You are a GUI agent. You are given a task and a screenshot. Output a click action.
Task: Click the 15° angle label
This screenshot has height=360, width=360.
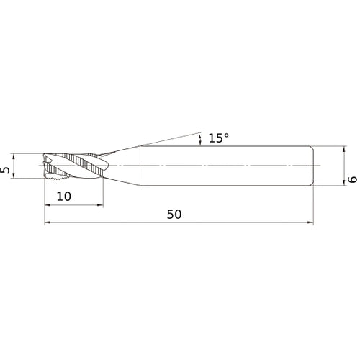coord(219,138)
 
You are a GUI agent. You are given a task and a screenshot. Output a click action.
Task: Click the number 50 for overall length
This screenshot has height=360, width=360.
coord(174,215)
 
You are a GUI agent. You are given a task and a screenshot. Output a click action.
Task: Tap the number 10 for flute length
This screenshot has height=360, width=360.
coord(64,197)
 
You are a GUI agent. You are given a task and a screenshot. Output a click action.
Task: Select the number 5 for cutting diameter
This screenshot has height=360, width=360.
coord(5,170)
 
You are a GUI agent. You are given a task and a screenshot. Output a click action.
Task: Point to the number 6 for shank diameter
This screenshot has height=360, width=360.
coord(353,179)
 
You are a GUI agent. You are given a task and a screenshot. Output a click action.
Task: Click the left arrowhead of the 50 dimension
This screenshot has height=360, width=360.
coord(48,222)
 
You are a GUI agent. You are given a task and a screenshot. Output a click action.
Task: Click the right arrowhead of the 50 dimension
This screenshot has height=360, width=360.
coord(310,222)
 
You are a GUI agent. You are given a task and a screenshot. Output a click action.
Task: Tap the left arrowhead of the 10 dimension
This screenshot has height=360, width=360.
coord(48,205)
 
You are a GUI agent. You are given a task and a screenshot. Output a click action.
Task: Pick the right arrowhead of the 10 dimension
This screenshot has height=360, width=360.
coord(100,205)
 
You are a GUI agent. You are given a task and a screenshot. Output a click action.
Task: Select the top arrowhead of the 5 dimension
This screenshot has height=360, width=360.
coord(14,156)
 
